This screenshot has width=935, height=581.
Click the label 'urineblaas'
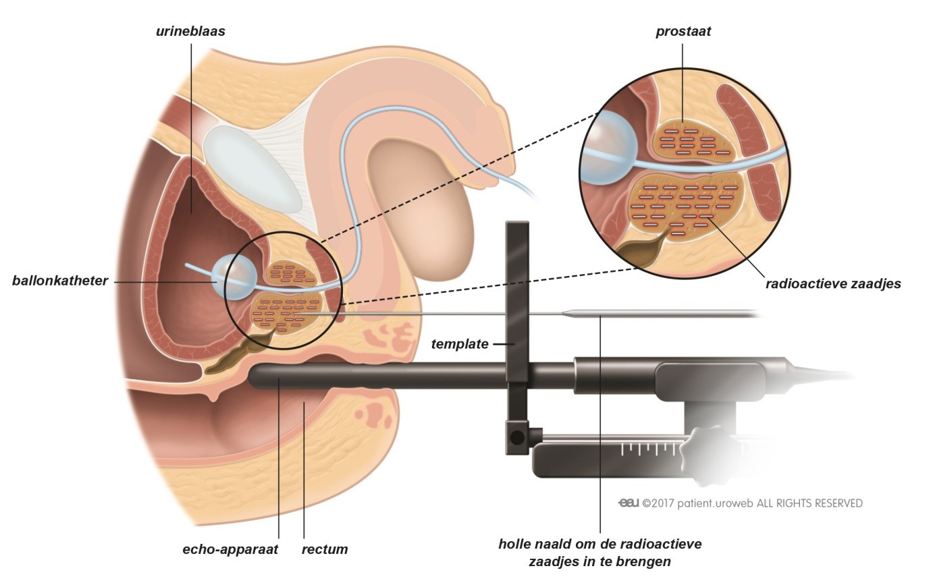coord(191,31)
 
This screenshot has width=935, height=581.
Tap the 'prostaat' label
coord(683,32)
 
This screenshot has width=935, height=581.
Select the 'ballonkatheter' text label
coord(60,281)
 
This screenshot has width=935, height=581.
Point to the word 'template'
coord(460,344)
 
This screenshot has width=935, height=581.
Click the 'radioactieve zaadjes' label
coord(833,284)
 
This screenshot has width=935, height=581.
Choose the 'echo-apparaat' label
coord(230,549)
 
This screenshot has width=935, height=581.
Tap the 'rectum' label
coord(325,549)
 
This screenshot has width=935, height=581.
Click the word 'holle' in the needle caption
coord(516,545)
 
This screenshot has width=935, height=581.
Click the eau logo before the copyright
coord(629,503)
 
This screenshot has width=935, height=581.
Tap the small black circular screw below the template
coord(517,437)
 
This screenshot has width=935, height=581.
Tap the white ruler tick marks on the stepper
coord(651,449)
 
